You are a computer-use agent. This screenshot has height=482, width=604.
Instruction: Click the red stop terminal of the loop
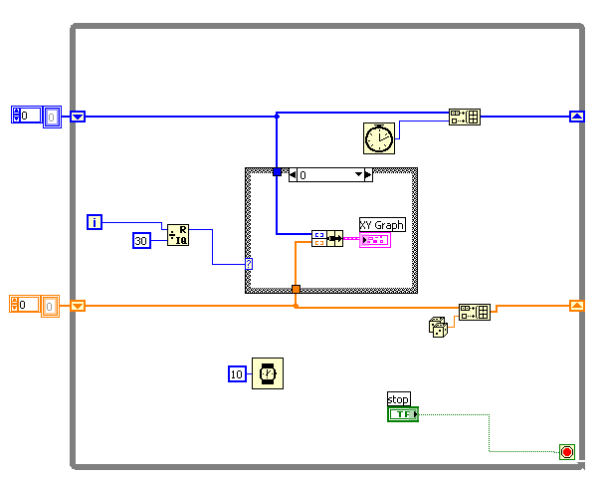[x=567, y=452]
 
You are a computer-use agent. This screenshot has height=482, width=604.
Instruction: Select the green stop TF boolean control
[x=402, y=414]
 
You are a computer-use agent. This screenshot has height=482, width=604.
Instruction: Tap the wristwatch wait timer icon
[x=267, y=373]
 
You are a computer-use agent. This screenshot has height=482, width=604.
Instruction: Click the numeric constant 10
[x=236, y=373]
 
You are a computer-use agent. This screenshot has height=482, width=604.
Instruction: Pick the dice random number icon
[x=438, y=327]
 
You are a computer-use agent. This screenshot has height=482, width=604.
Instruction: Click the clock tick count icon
[x=378, y=138]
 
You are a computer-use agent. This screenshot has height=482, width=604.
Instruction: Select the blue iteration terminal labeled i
[x=95, y=222]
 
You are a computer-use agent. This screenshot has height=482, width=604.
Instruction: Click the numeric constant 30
[x=141, y=240]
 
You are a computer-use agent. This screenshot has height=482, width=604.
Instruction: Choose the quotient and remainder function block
[x=177, y=235]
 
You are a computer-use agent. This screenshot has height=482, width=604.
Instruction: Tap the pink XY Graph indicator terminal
[x=374, y=240]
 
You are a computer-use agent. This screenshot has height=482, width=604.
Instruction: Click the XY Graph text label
[x=382, y=225]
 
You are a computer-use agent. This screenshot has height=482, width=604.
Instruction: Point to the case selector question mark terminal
[x=249, y=264]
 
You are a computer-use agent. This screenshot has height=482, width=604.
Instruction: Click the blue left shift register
[x=79, y=117]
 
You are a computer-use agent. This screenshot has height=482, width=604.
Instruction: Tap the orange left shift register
[x=79, y=306]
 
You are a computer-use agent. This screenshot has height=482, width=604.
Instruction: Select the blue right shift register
[x=576, y=117]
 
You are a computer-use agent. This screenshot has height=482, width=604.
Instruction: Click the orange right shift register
[x=576, y=306]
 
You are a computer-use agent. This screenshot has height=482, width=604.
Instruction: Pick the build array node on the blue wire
[x=464, y=117]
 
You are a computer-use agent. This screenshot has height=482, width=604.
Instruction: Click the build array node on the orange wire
[x=474, y=312]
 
